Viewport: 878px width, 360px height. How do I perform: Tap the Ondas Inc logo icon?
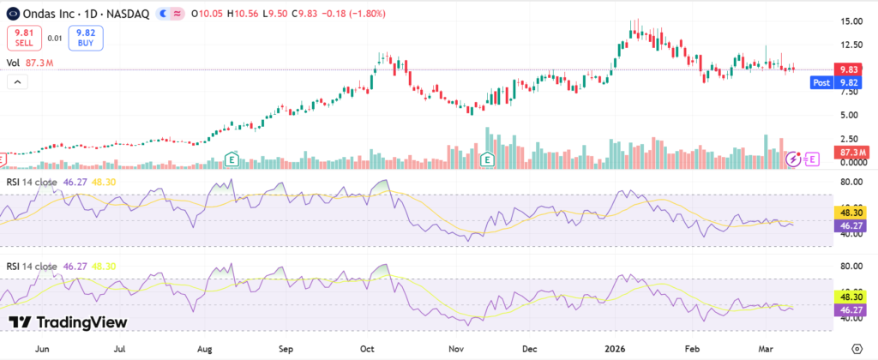tap(12, 14)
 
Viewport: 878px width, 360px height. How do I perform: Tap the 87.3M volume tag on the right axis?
tap(851, 152)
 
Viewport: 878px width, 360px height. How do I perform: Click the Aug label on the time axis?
tap(204, 350)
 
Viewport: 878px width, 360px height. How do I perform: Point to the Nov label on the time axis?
tap(457, 350)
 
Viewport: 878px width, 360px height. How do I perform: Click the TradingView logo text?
tap(69, 322)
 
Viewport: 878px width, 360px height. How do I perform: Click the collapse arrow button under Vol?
tap(16, 81)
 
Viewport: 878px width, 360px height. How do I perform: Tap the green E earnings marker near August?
tap(232, 159)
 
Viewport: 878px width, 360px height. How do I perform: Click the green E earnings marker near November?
tap(488, 159)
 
